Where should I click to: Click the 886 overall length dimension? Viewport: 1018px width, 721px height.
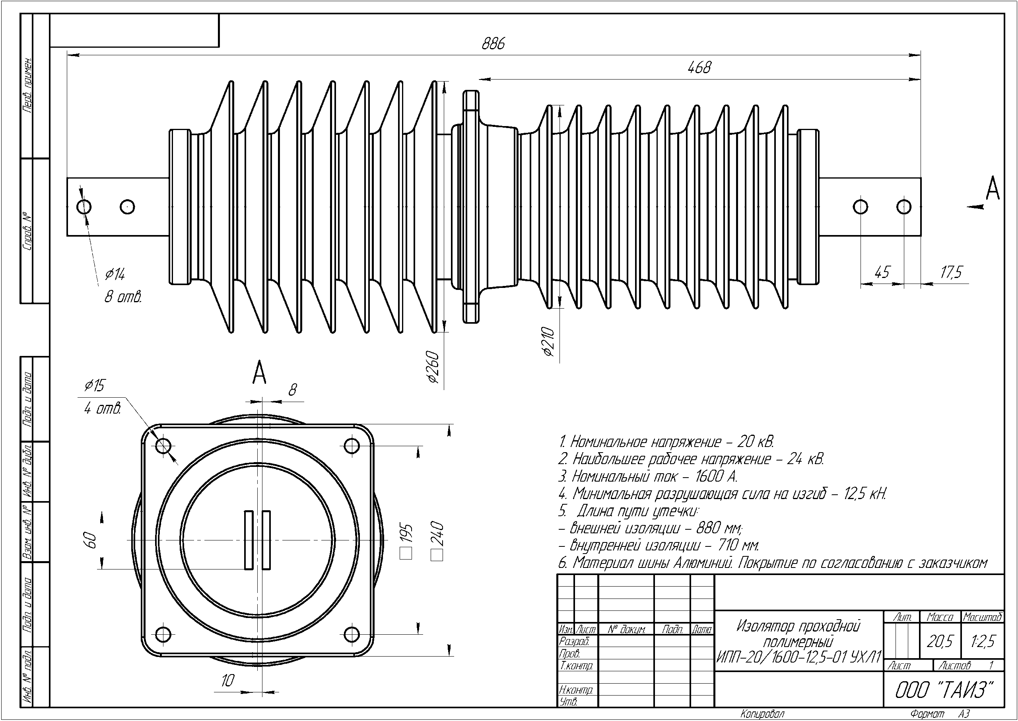pos(493,43)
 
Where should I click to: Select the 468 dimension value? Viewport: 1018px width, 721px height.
pos(699,68)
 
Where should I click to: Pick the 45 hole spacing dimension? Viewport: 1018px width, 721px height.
pos(882,272)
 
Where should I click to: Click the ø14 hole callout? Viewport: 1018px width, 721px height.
pos(115,275)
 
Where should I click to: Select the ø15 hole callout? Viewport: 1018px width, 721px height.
pos(95,385)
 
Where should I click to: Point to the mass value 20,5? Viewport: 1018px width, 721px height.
pos(940,641)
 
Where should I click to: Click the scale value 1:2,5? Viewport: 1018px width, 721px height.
pos(983,641)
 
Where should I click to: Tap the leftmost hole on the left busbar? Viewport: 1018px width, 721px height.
pos(84,207)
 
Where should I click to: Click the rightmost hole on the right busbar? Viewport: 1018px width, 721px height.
pos(904,207)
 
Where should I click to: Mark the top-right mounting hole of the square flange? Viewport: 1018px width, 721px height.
pos(352,445)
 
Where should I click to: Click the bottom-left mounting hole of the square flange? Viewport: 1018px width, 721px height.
pos(163,633)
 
